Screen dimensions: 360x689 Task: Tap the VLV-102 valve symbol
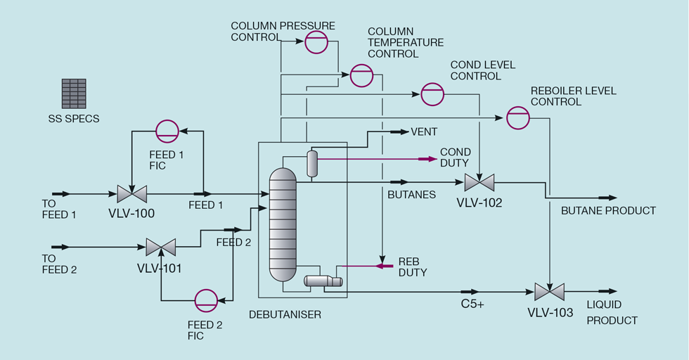pyautogui.click(x=479, y=182)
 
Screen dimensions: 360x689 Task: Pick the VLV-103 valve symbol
pyautogui.click(x=549, y=291)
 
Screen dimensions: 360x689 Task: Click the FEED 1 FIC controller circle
pyautogui.click(x=167, y=130)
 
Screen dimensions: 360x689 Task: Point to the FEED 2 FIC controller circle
pyautogui.click(x=207, y=300)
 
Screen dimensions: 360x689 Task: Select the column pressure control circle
pyautogui.click(x=316, y=42)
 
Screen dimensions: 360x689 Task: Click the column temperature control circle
pyautogui.click(x=362, y=75)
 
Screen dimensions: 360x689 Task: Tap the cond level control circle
pyautogui.click(x=432, y=92)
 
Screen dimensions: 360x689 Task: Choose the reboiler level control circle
pyautogui.click(x=517, y=117)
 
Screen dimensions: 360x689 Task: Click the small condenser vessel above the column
pyautogui.click(x=313, y=163)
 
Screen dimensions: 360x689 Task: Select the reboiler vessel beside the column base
pyautogui.click(x=323, y=281)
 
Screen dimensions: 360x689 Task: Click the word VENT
pyautogui.click(x=424, y=131)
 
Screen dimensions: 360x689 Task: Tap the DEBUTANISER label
pyautogui.click(x=285, y=315)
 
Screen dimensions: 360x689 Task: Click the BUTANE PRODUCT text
pyautogui.click(x=607, y=210)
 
